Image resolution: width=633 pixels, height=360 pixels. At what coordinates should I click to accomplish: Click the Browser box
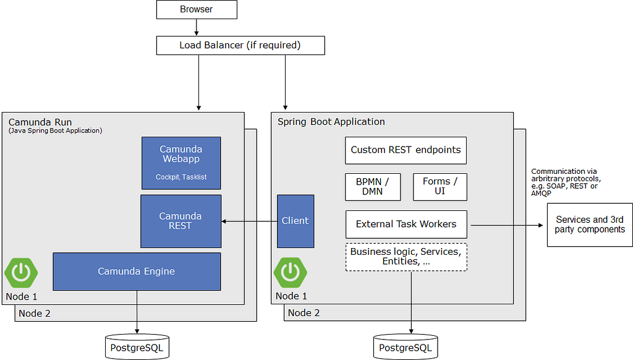[x=197, y=9]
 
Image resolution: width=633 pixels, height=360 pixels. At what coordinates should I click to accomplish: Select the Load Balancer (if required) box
[x=240, y=45]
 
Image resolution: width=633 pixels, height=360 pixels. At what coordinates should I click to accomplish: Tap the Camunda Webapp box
[x=181, y=163]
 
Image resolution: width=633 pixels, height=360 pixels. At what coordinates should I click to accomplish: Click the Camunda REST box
[x=181, y=221]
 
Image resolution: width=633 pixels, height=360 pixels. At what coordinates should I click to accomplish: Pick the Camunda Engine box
[x=137, y=272]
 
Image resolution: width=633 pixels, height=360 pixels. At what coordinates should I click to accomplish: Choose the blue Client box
[x=295, y=221]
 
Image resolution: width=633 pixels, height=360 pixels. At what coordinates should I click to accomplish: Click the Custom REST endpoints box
[x=406, y=150]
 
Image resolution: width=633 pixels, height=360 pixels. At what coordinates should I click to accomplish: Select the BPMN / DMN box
[x=373, y=187]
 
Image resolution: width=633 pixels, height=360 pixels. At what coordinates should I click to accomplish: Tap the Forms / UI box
[x=440, y=187]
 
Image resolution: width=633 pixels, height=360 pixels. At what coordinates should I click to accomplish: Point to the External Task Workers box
[x=406, y=225]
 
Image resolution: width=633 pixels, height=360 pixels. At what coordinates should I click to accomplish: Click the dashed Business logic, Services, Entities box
[x=406, y=257]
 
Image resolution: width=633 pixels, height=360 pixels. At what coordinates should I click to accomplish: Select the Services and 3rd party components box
[x=590, y=225]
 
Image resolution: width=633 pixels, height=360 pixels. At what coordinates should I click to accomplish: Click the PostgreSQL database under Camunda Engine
[x=137, y=347]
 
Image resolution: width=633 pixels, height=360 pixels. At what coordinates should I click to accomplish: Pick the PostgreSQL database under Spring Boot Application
[x=406, y=347]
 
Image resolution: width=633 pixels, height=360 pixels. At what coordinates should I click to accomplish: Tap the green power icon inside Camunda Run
[x=22, y=273]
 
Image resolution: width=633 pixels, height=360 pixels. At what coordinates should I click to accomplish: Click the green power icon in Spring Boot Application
[x=291, y=272]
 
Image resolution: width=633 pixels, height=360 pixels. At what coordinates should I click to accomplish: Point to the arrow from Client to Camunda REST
[x=249, y=221]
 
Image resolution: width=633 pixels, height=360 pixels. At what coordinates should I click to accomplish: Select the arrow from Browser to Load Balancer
[x=197, y=27]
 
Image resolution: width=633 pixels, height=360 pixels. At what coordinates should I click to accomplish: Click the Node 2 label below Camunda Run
[x=35, y=314]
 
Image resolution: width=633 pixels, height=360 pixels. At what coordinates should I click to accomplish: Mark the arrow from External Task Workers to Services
[x=507, y=225]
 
